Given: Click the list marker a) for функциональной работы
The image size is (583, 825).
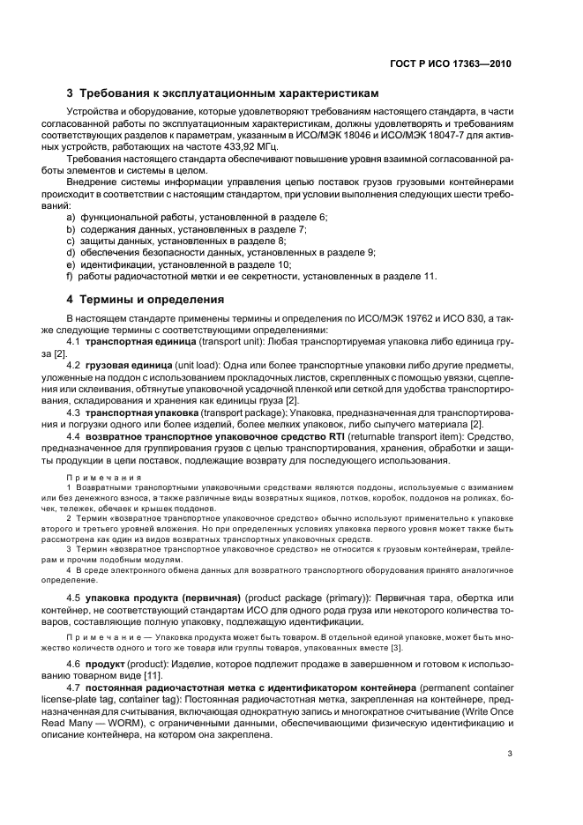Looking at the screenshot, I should (71, 217).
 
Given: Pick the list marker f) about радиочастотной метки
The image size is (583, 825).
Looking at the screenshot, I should (71, 275).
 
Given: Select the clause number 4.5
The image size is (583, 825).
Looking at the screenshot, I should (74, 598).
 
